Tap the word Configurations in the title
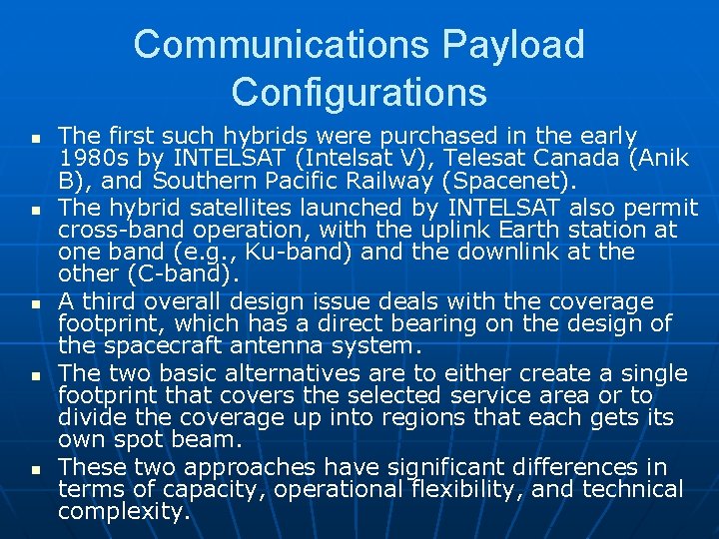[x=359, y=92]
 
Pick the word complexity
[x=123, y=512]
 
